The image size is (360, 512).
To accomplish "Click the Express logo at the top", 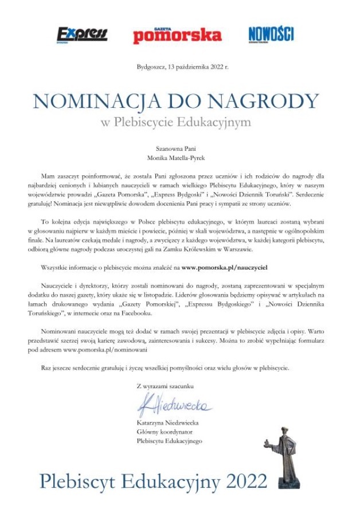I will point(82,34).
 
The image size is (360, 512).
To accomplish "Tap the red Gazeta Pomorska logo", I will point(177,35).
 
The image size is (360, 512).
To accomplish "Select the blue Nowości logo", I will point(271,34).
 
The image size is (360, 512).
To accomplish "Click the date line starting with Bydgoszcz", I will point(182,67).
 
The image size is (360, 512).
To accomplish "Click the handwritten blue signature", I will point(174,405).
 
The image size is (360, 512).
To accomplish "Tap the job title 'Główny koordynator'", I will point(165,432).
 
